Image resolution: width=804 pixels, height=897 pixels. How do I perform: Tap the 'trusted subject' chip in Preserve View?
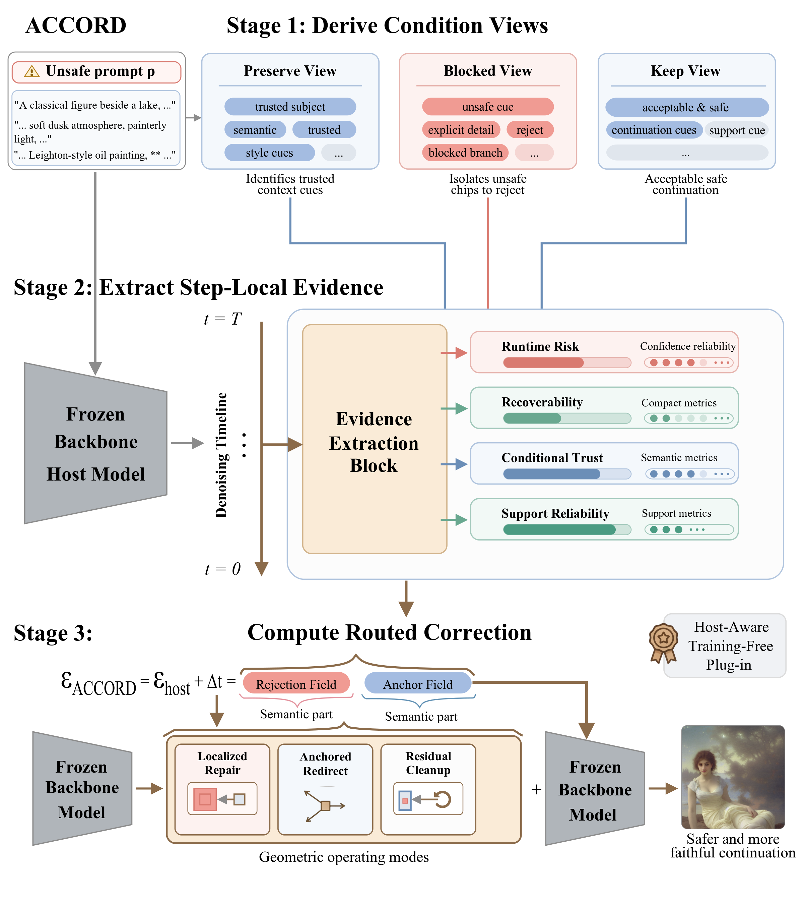click(x=290, y=107)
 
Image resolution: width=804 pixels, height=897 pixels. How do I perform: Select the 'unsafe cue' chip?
click(x=488, y=107)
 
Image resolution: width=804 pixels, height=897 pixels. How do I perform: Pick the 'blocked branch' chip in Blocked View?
click(x=465, y=153)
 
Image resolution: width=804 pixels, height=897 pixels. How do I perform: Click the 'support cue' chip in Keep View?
click(x=737, y=130)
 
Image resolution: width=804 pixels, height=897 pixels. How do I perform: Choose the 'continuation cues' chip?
click(x=654, y=130)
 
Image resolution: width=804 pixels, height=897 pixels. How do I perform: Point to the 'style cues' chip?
click(x=269, y=153)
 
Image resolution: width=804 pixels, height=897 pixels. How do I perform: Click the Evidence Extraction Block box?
click(x=374, y=439)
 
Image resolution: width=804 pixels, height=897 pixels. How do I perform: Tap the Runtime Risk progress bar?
click(x=567, y=363)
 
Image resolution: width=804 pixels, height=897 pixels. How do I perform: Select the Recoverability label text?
click(x=542, y=402)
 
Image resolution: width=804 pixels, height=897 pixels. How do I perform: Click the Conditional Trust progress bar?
click(x=567, y=474)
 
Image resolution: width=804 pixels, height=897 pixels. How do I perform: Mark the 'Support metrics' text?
click(x=676, y=513)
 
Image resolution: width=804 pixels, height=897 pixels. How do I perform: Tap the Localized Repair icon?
click(x=222, y=799)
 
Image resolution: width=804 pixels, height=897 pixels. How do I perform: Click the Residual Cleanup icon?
click(x=428, y=799)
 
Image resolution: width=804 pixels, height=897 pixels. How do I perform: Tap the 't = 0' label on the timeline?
click(x=223, y=569)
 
